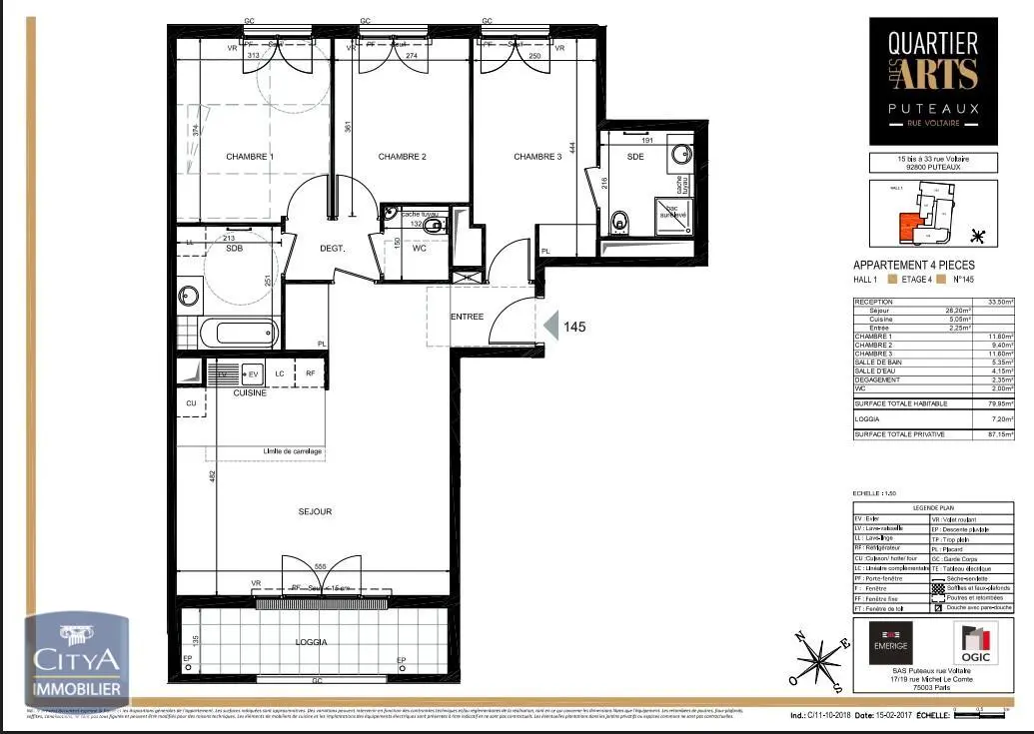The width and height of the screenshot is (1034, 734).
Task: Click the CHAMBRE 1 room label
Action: click(x=250, y=157)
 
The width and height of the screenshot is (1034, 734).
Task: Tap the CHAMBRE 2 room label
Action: click(x=402, y=157)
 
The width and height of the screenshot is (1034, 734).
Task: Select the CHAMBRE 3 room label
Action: click(x=537, y=157)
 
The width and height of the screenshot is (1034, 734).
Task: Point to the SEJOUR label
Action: click(x=315, y=511)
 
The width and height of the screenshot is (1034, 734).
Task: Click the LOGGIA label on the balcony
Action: click(x=313, y=642)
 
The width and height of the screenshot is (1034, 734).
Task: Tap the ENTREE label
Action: click(x=467, y=317)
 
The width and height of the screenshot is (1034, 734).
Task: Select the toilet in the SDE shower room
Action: click(x=618, y=222)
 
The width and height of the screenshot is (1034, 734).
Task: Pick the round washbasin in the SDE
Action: click(x=682, y=155)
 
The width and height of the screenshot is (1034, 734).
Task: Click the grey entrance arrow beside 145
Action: click(x=549, y=325)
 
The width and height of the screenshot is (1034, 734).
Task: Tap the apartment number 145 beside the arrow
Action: click(x=574, y=327)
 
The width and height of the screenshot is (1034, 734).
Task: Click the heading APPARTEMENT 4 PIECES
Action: click(x=906, y=265)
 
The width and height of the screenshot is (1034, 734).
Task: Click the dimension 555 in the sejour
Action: click(x=321, y=566)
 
